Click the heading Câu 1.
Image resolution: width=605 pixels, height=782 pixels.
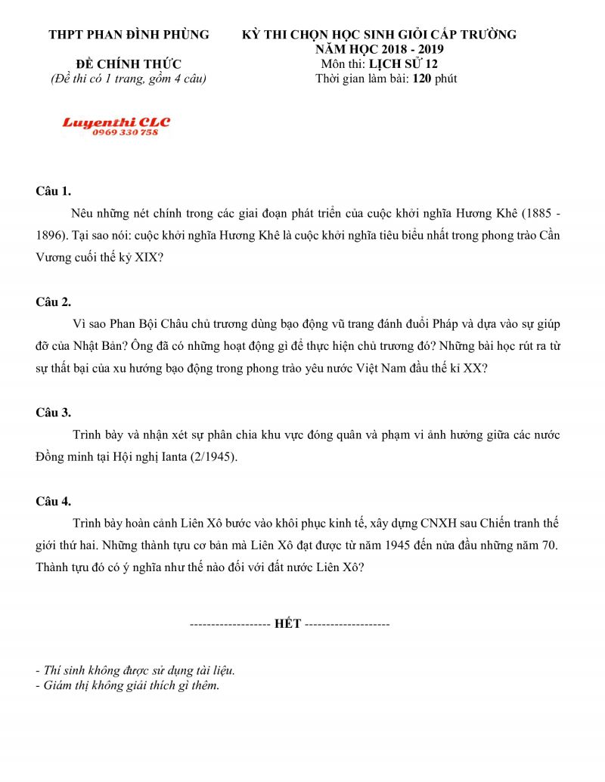click(53, 190)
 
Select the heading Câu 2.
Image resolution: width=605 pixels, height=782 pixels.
click(53, 301)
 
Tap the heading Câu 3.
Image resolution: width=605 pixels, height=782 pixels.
click(53, 413)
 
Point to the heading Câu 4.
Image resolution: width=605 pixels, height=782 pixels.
click(53, 501)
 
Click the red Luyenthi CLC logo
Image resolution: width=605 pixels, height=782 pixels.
click(116, 122)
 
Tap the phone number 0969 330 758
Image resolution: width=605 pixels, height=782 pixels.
click(126, 132)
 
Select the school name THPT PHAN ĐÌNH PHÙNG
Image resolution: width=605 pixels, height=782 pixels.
click(129, 35)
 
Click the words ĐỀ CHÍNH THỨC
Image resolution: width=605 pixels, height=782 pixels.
click(129, 64)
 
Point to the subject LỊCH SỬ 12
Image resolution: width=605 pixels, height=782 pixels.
click(401, 64)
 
